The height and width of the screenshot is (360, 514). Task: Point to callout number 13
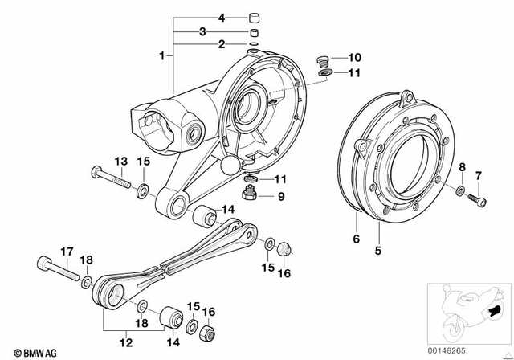coord(120,162)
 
